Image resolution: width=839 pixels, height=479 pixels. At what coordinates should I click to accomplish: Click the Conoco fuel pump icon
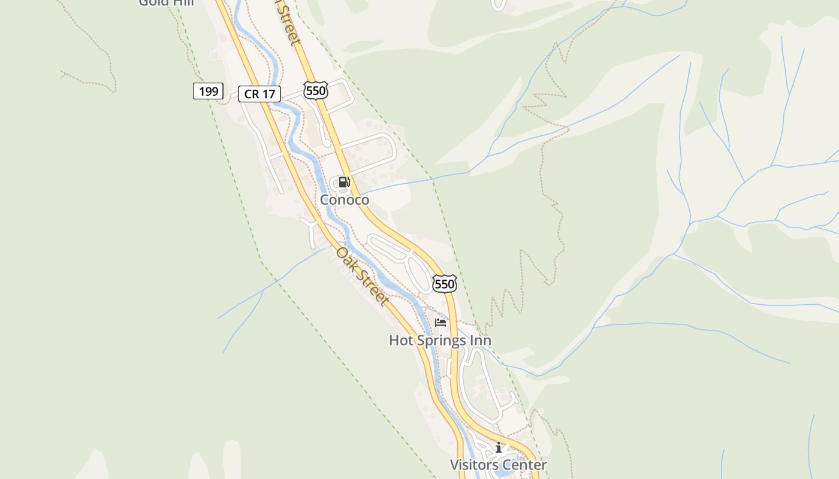point(344,182)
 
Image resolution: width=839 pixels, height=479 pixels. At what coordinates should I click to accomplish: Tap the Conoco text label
point(345,199)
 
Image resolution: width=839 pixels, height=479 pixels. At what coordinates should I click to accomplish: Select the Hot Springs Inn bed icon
point(440,323)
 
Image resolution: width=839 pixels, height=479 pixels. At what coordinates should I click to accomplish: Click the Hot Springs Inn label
point(440,341)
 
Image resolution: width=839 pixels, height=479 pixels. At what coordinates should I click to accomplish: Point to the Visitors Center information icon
point(498,447)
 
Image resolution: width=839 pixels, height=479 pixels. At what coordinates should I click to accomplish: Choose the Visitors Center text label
point(498,465)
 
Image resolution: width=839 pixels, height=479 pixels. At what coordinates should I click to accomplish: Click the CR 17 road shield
point(259,94)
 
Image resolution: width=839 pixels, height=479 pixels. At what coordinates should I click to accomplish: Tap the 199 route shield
point(208,92)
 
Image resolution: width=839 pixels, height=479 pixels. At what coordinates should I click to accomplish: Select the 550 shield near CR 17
point(315,90)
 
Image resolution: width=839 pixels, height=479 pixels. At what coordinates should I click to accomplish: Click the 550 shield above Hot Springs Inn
point(445,284)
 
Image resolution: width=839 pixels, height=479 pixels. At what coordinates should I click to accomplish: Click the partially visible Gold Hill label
point(166,2)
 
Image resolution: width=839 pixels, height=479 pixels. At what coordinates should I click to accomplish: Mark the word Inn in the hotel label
point(481,341)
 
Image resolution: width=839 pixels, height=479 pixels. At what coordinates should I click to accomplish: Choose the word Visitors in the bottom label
point(473,465)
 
